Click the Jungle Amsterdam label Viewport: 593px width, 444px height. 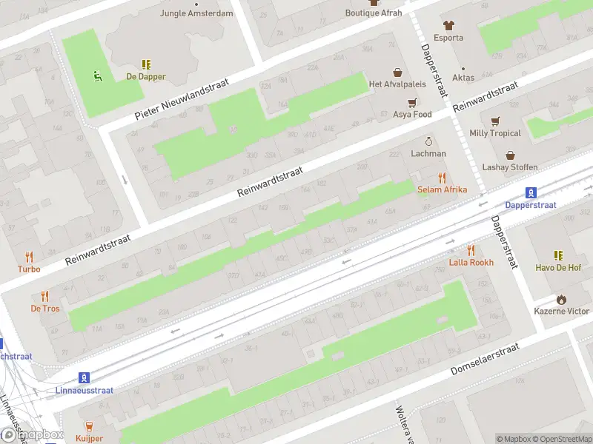[196, 13]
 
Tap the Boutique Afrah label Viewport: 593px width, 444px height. [374, 13]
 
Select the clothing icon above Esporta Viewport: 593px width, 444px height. [448, 25]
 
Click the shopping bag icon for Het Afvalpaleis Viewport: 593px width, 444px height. [398, 73]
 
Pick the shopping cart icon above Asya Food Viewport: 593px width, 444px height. [412, 103]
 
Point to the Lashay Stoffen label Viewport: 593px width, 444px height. [510, 167]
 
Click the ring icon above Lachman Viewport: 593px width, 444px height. [428, 141]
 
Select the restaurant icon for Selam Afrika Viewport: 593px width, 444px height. [443, 178]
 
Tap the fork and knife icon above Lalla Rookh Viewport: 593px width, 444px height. [471, 250]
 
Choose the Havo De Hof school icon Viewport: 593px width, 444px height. [558, 255]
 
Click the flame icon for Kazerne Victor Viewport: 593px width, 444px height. [562, 299]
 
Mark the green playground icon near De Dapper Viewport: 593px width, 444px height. [97, 74]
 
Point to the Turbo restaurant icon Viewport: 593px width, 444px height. [30, 257]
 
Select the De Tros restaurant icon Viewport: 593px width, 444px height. [45, 296]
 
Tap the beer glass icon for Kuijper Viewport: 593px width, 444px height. [90, 425]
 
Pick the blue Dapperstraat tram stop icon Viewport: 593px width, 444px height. [531, 192]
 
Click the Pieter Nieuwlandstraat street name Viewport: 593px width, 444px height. [183, 99]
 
